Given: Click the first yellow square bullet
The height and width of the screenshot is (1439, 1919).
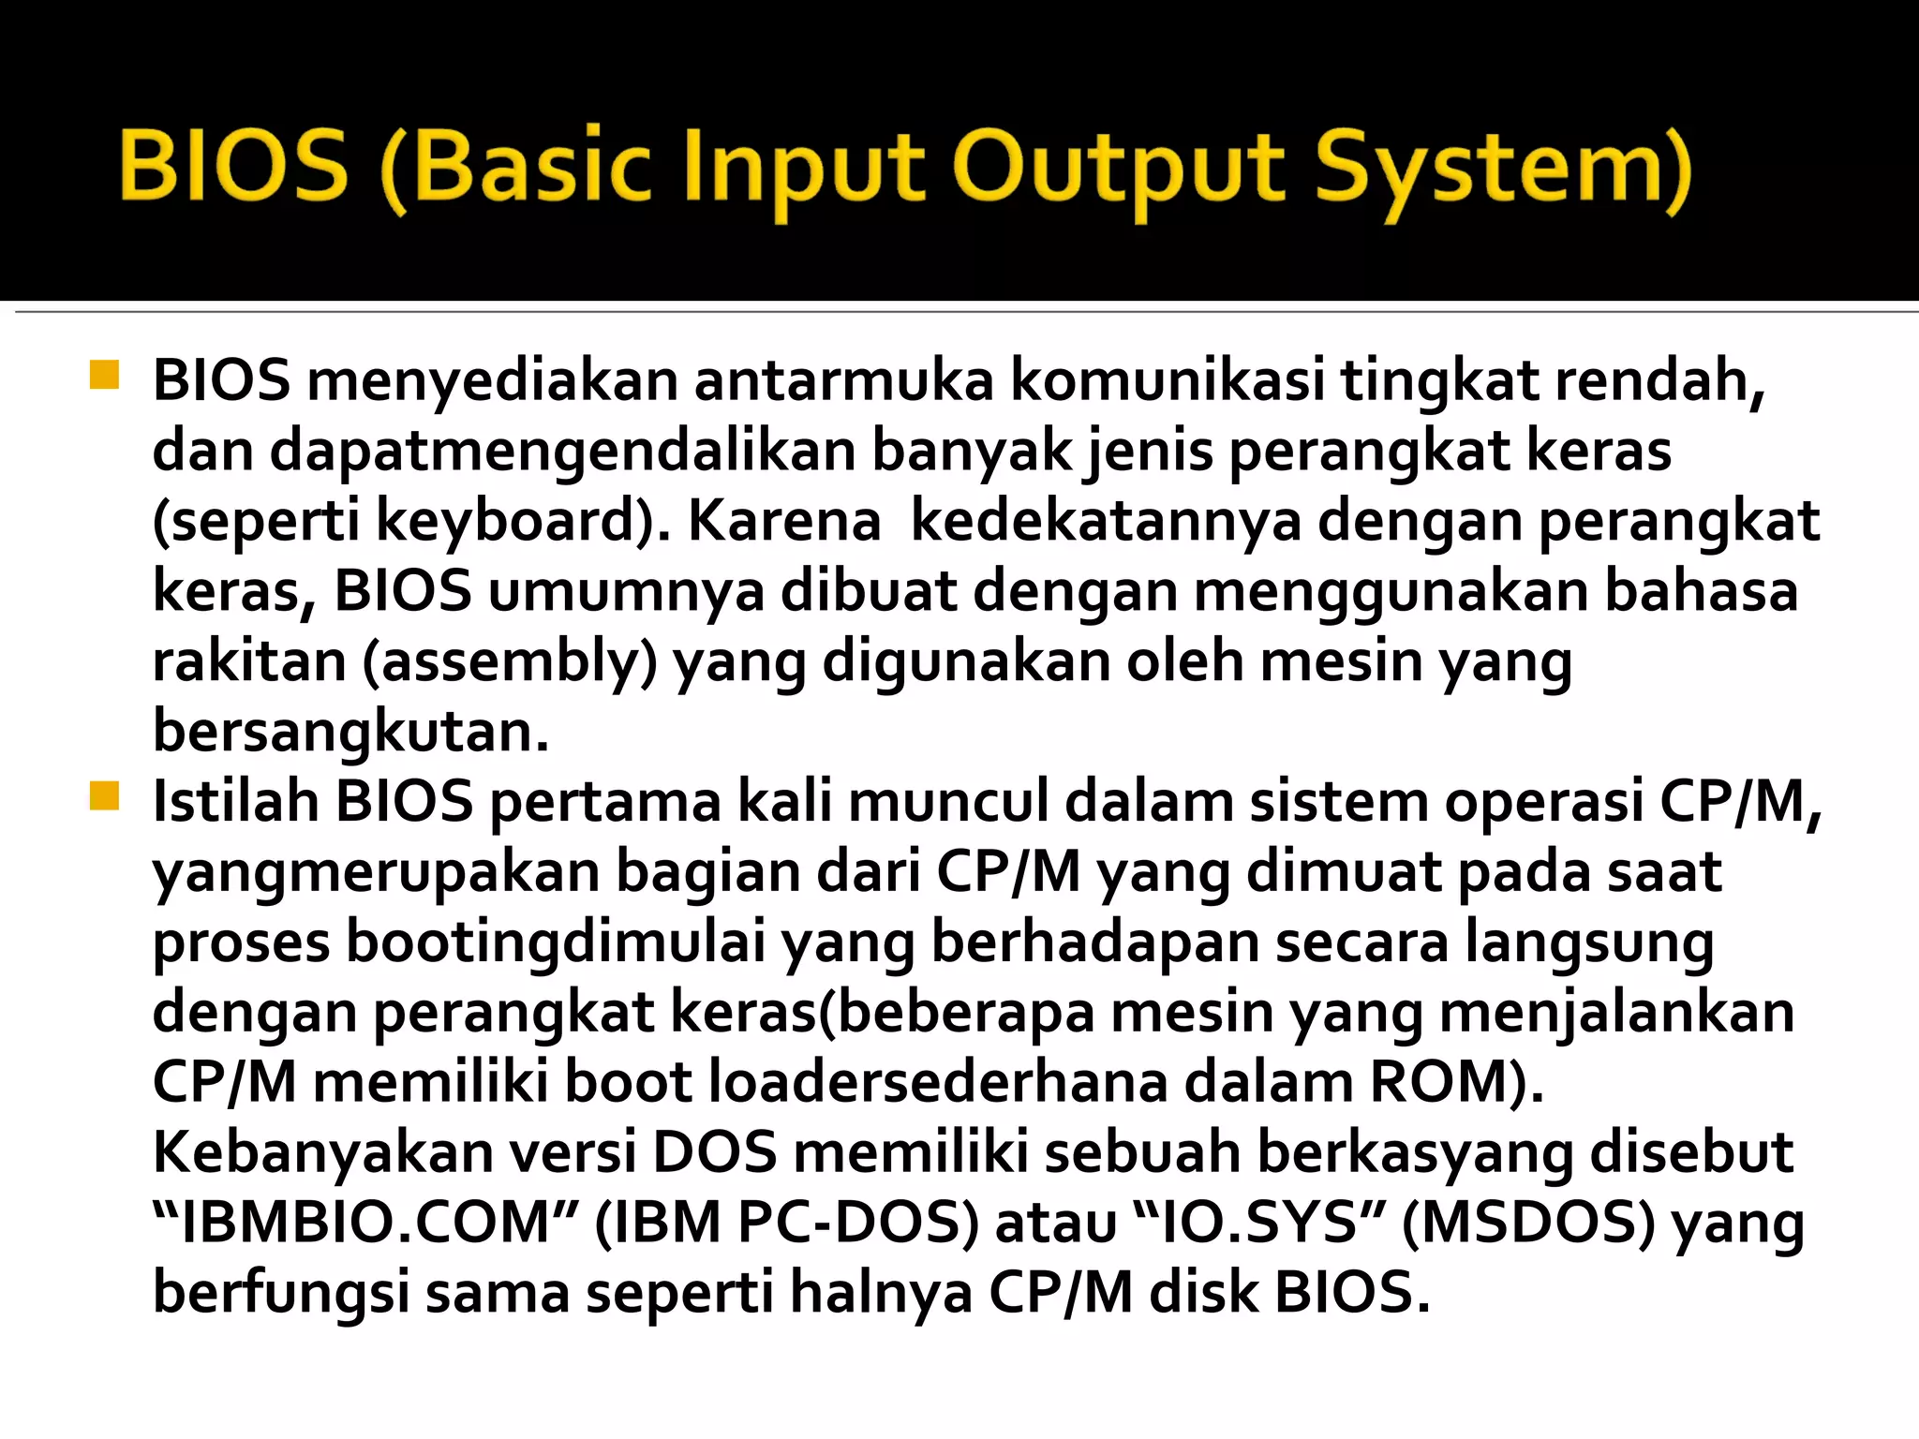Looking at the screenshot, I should point(104,375).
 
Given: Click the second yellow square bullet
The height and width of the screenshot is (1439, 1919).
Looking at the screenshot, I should point(104,796).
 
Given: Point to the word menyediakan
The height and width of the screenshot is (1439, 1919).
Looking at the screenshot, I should point(492,382).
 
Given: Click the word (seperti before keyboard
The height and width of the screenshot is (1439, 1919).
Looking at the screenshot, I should point(256,522).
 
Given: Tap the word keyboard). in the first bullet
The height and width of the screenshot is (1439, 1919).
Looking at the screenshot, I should point(523,522).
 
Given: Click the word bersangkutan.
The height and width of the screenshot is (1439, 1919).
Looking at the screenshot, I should point(350,733).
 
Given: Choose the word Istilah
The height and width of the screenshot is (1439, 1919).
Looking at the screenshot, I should point(235,803).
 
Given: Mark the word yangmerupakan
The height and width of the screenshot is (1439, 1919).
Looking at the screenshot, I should point(376,873).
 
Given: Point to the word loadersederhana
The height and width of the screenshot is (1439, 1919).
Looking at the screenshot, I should point(938,1083).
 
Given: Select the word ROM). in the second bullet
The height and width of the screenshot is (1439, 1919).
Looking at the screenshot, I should point(1456,1083).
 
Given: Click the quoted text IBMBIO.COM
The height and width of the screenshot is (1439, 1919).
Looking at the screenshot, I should point(364,1224).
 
